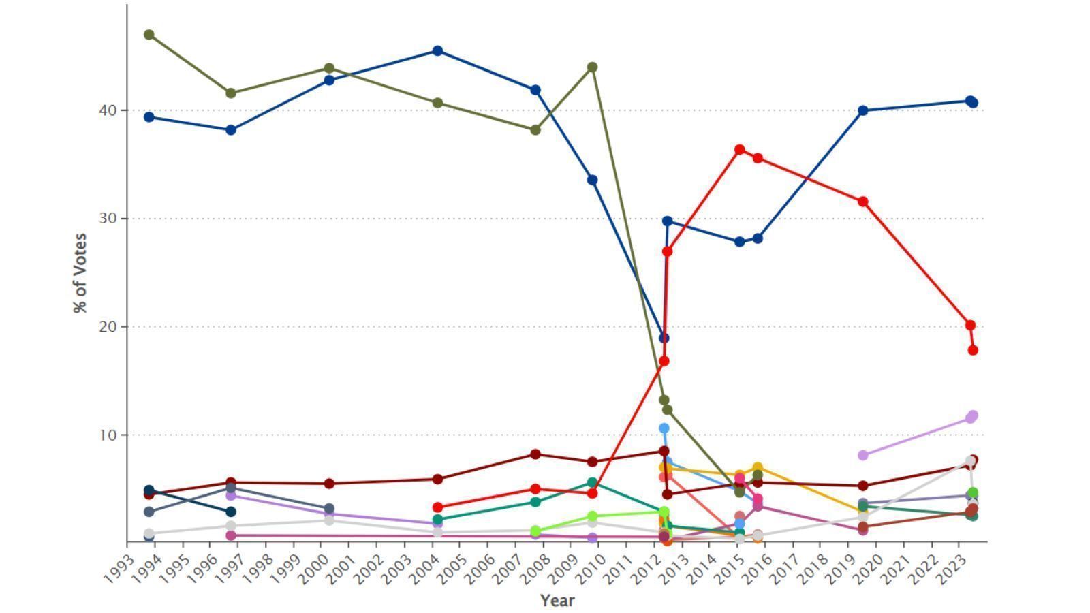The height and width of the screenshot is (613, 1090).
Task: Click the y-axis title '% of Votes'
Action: click(80, 273)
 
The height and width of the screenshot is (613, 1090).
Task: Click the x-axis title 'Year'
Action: click(557, 600)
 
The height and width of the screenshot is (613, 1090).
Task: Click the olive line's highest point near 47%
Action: click(149, 35)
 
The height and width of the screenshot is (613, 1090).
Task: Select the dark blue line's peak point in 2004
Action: click(438, 51)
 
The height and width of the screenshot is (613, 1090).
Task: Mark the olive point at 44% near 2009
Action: click(593, 67)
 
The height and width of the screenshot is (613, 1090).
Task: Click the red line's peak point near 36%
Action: click(740, 149)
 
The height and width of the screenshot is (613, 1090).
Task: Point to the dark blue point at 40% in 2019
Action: click(863, 110)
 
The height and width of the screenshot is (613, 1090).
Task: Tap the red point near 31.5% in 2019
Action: click(863, 202)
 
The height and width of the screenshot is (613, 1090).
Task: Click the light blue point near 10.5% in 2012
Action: click(664, 428)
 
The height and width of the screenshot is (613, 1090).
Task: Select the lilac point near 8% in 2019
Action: click(863, 455)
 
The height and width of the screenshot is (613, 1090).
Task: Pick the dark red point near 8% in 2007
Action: click(535, 454)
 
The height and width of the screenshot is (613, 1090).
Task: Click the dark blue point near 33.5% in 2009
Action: click(593, 180)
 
